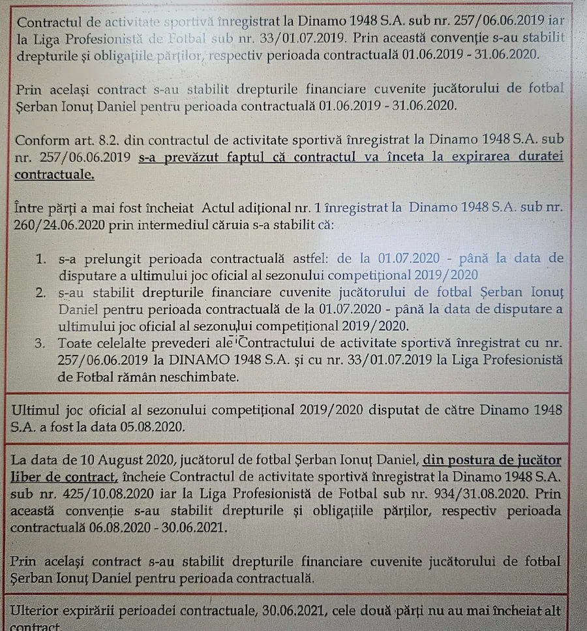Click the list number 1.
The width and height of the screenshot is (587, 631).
click(x=40, y=259)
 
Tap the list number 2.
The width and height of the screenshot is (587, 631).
click(x=40, y=292)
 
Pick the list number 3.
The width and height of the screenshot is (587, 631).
click(x=40, y=343)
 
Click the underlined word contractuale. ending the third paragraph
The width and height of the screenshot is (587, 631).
click(x=54, y=175)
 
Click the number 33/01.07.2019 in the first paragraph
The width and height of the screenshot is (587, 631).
click(x=295, y=37)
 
